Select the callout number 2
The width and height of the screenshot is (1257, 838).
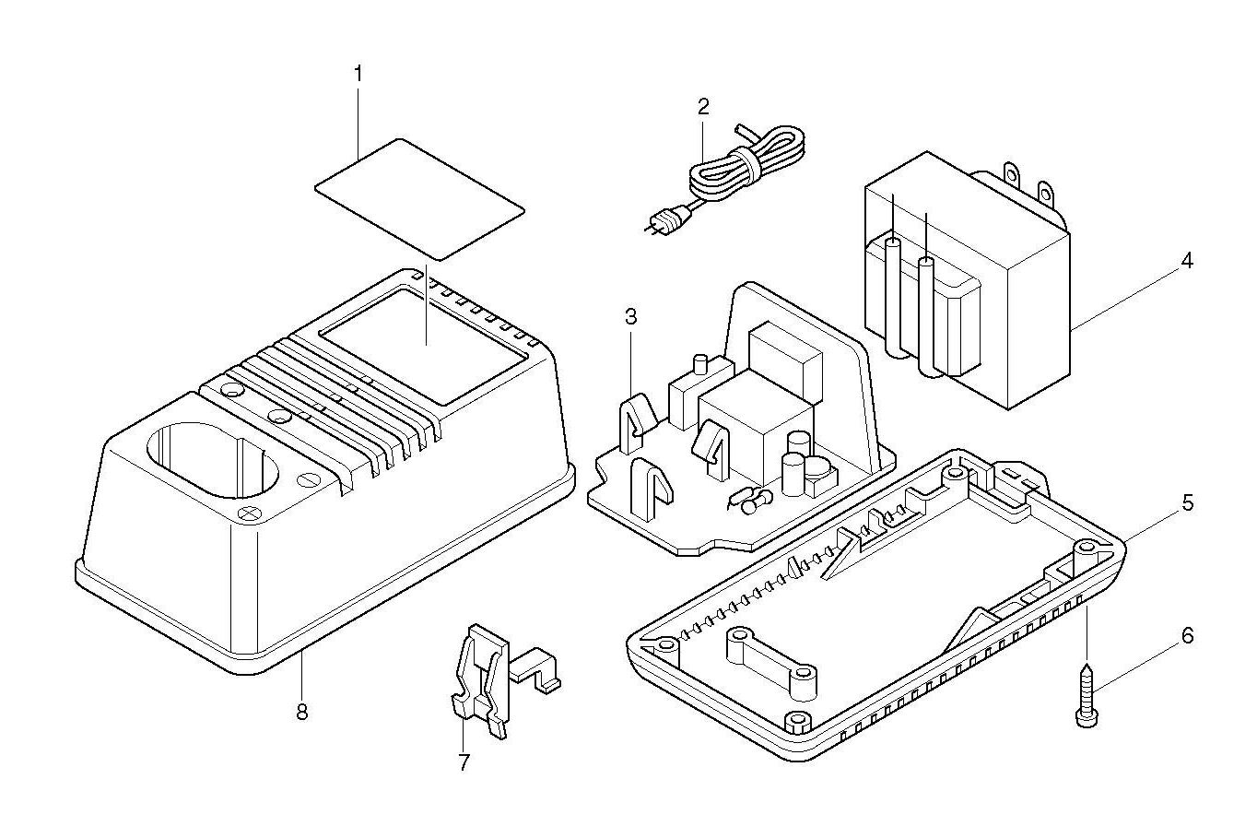(x=703, y=105)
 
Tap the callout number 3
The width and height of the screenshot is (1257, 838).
(x=630, y=317)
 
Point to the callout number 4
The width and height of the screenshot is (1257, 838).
(x=1187, y=261)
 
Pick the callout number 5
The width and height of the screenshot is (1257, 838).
(x=1187, y=503)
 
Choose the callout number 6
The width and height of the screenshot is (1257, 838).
(x=1187, y=635)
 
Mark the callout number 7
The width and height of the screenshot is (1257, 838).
(x=464, y=761)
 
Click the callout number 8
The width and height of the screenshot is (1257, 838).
(x=301, y=711)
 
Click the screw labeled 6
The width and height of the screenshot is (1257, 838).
(x=1086, y=696)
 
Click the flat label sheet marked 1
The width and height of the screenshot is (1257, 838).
(x=419, y=198)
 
